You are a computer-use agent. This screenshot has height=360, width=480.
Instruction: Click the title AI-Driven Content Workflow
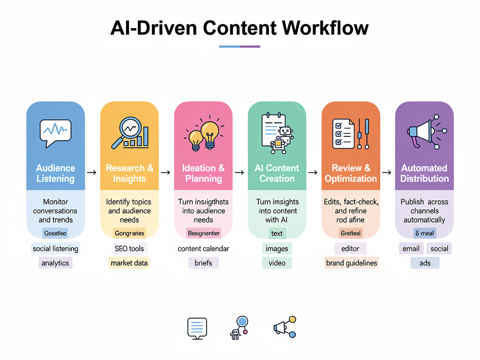[x=240, y=28]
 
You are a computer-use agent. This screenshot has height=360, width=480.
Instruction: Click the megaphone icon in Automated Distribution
[x=420, y=132]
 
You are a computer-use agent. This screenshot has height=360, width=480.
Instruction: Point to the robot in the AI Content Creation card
[x=283, y=138]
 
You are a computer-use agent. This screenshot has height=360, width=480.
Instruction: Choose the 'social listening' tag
[x=55, y=248]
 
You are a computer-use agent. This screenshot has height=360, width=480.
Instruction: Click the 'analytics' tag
[x=55, y=263]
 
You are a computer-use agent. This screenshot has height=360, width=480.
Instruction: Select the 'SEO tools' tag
[x=129, y=248]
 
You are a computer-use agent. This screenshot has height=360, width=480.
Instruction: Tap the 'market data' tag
[x=129, y=263]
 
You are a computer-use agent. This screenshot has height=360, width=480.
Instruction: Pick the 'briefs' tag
[x=203, y=263]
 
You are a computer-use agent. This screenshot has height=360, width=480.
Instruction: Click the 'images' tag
[x=277, y=248]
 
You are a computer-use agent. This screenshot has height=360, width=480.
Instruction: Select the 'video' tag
[x=277, y=263]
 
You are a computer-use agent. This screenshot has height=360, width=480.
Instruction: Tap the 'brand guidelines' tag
[x=351, y=263]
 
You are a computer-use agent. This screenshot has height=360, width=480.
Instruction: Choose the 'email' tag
[x=411, y=248]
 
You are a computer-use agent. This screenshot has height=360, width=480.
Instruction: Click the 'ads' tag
[x=425, y=263]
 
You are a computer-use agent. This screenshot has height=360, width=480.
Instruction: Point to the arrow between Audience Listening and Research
[x=92, y=173]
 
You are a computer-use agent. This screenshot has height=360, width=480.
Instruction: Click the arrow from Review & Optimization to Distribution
[x=387, y=173]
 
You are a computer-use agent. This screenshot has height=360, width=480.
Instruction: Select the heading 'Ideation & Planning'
[x=203, y=173]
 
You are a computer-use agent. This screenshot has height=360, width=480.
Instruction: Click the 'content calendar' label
[x=203, y=248]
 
